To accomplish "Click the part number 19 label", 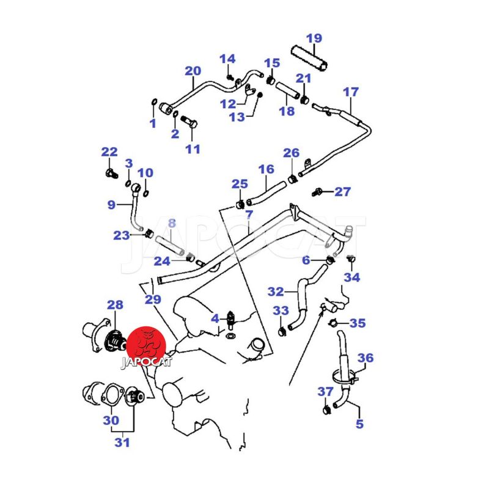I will tap(314, 39).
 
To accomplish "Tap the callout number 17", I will tap(350, 92).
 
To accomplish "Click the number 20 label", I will tap(193, 70).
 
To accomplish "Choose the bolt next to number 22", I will tap(110, 173).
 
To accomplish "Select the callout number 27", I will tap(342, 192).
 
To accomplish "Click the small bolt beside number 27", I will tap(318, 193).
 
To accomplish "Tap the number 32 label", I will tap(276, 292).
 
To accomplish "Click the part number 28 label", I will tap(115, 304).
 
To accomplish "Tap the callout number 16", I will tap(266, 169).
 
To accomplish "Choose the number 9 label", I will tap(111, 205).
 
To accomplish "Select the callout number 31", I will tap(123, 443).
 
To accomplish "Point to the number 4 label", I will tap(215, 318).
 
